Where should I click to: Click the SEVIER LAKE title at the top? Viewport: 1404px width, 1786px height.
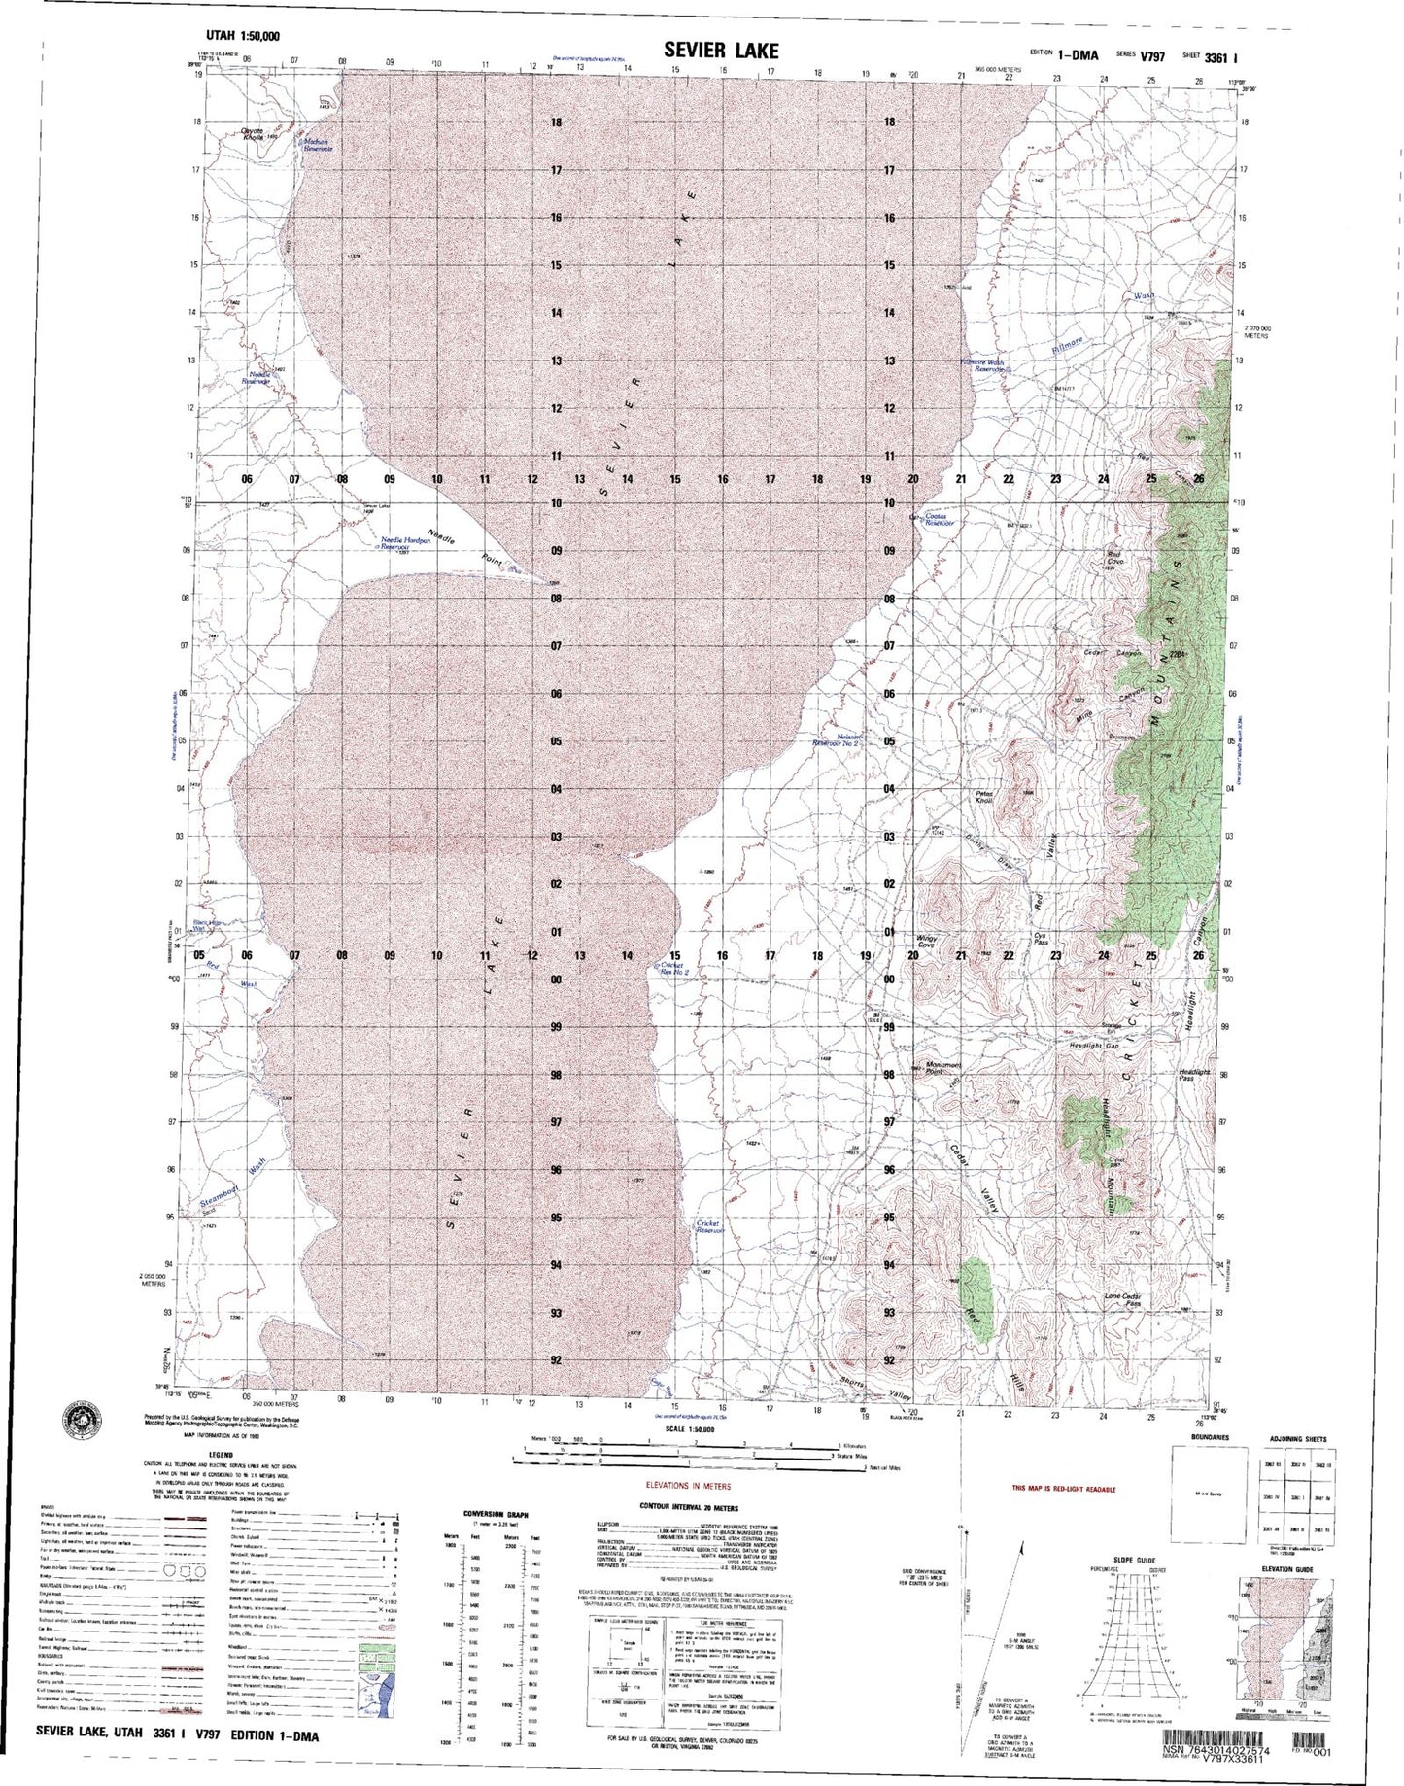coord(721,50)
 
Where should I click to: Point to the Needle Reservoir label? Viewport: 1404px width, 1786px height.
coord(260,378)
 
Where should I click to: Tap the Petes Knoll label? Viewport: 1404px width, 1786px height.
coord(984,796)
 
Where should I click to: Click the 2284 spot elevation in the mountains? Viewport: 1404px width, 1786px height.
coord(1179,655)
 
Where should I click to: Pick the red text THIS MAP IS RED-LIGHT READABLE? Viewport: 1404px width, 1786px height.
coord(1062,1488)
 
